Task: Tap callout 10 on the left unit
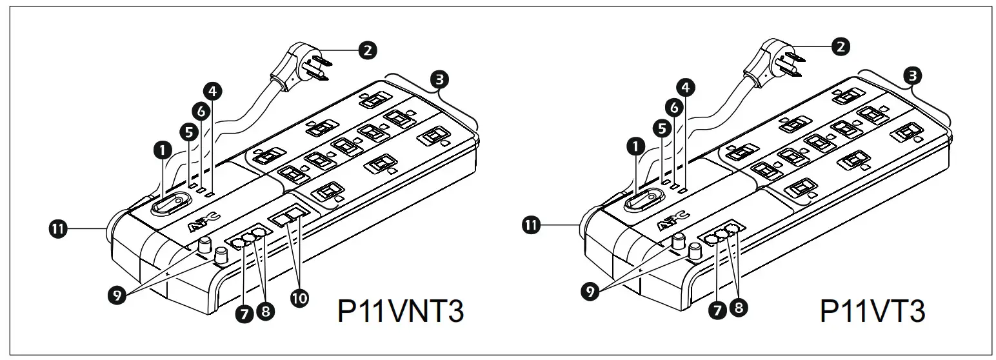[x=300, y=297]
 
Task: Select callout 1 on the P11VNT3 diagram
[x=162, y=150]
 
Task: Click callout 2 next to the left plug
[x=368, y=49]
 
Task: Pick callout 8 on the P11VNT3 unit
[x=264, y=311]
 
